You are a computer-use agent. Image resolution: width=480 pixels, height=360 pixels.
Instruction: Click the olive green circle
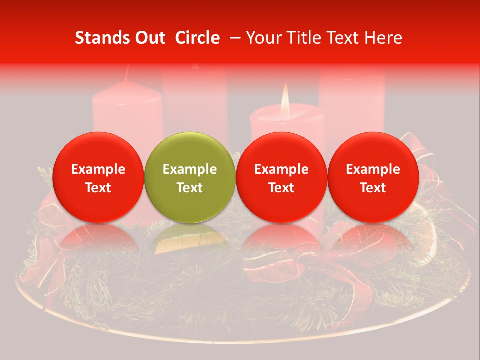190,177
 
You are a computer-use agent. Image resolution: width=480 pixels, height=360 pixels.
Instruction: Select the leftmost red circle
98,177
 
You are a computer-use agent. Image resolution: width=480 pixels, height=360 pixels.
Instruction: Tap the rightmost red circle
373,177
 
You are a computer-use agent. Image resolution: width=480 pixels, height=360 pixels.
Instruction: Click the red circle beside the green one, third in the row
281,177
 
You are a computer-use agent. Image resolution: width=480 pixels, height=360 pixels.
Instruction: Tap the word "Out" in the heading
149,38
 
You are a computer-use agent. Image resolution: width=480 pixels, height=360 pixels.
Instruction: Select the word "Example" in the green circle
190,169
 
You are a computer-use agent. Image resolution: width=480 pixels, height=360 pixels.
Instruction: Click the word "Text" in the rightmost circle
373,188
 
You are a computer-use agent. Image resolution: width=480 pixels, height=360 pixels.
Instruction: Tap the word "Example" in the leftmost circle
98,169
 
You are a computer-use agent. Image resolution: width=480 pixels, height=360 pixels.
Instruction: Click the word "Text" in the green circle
190,188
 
